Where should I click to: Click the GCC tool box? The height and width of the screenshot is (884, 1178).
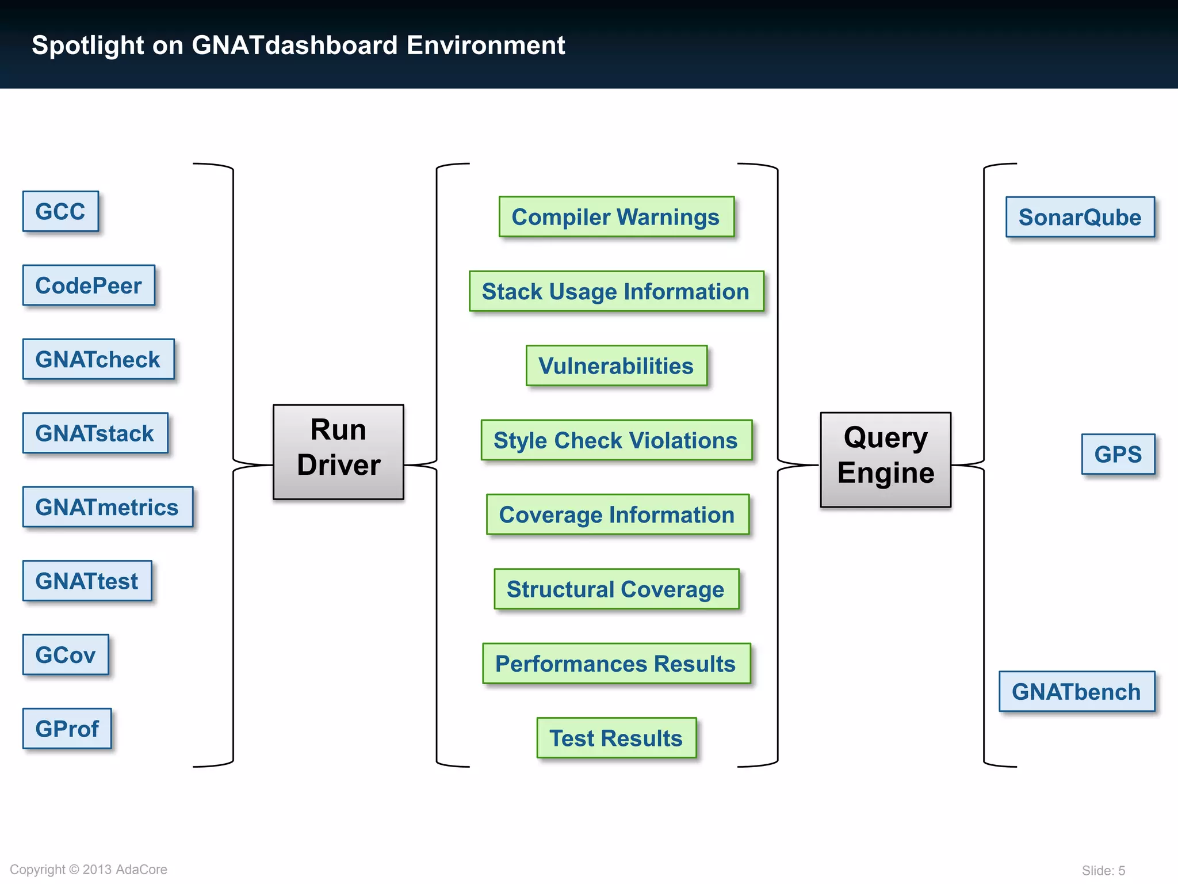60,211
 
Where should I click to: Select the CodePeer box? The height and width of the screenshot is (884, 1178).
89,285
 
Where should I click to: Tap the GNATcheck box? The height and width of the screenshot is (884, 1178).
98,359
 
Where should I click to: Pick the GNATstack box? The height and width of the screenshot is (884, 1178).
95,433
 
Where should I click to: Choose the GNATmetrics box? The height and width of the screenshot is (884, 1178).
108,507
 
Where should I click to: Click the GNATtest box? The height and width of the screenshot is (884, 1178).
87,581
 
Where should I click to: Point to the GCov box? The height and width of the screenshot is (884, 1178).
66,654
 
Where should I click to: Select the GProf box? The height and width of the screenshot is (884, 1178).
67,729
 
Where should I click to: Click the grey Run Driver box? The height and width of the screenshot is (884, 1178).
338,452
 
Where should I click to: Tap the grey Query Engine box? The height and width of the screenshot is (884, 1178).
885,459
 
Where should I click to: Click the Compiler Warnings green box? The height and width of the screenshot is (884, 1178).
616,217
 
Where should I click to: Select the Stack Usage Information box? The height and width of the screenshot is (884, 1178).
616,291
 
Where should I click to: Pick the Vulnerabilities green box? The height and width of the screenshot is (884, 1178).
616,365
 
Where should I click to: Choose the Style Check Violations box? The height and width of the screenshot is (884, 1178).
616,440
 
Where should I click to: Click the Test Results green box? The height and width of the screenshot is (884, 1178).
616,738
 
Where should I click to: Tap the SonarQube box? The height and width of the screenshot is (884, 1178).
1080,217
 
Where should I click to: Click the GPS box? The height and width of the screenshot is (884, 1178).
1118,454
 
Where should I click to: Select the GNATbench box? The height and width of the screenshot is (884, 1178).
1076,691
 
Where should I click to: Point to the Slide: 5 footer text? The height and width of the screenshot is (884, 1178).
1103,870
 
